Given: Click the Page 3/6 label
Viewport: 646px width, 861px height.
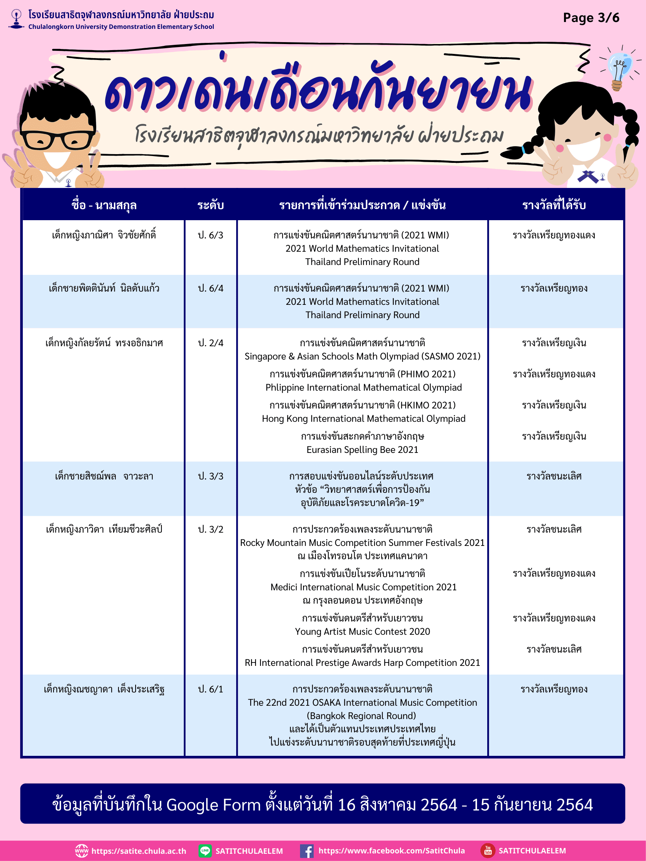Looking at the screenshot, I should [x=591, y=18].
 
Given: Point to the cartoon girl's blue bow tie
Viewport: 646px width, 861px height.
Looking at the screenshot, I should [x=588, y=176].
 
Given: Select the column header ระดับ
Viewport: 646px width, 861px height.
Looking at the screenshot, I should [x=211, y=205].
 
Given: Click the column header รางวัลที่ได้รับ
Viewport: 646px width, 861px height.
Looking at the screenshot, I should [x=554, y=205].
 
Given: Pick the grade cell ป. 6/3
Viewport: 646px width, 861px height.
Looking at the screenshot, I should [x=211, y=235].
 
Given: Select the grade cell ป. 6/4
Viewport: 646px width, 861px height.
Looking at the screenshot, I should [x=211, y=289].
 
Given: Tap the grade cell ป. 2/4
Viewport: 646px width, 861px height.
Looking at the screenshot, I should [x=211, y=343].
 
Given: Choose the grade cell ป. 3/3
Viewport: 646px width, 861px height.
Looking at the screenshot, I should [x=211, y=476].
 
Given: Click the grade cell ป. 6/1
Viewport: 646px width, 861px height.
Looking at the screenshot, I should [x=211, y=689].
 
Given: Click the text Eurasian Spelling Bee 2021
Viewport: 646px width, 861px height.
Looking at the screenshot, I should [x=362, y=450].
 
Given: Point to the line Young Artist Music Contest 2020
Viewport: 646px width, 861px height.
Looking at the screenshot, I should [x=362, y=632].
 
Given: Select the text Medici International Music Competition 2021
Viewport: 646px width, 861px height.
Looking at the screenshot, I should [x=363, y=587].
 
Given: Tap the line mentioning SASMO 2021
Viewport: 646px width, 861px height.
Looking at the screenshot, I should [x=362, y=356].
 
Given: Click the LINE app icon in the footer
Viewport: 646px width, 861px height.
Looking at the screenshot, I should [x=205, y=851].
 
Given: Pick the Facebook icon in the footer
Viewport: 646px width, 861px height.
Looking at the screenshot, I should [x=307, y=851].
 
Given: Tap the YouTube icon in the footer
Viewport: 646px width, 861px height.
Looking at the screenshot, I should [x=488, y=851].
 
